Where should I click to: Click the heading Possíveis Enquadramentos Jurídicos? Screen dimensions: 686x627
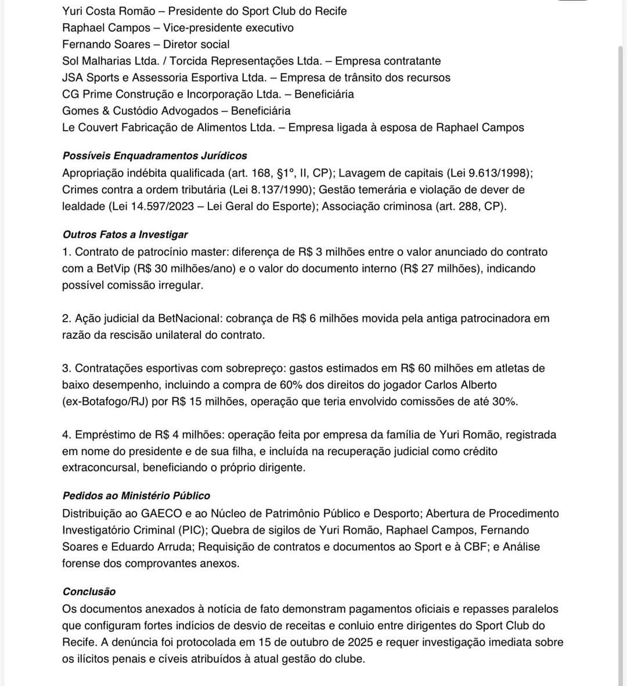(x=154, y=156)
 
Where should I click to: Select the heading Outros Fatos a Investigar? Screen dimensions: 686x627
(x=125, y=235)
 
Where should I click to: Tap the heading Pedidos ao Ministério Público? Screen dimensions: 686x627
(x=136, y=496)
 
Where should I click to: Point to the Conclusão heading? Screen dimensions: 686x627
(x=89, y=591)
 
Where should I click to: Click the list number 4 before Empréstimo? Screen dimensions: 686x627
(x=66, y=435)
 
